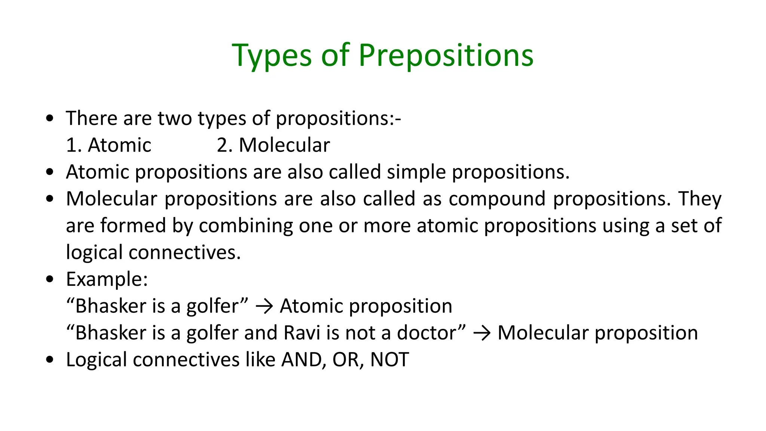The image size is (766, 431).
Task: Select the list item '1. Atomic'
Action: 108,145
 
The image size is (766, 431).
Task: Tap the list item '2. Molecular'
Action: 273,145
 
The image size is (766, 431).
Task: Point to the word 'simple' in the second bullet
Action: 416,172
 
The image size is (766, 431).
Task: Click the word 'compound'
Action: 497,199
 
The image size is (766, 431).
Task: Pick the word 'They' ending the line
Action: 700,199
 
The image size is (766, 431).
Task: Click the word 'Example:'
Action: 107,279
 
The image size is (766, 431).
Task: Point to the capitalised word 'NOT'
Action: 389,360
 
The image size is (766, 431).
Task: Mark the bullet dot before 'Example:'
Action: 50,279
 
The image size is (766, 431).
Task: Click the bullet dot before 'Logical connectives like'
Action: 50,360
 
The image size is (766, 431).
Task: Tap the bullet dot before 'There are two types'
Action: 50,119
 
